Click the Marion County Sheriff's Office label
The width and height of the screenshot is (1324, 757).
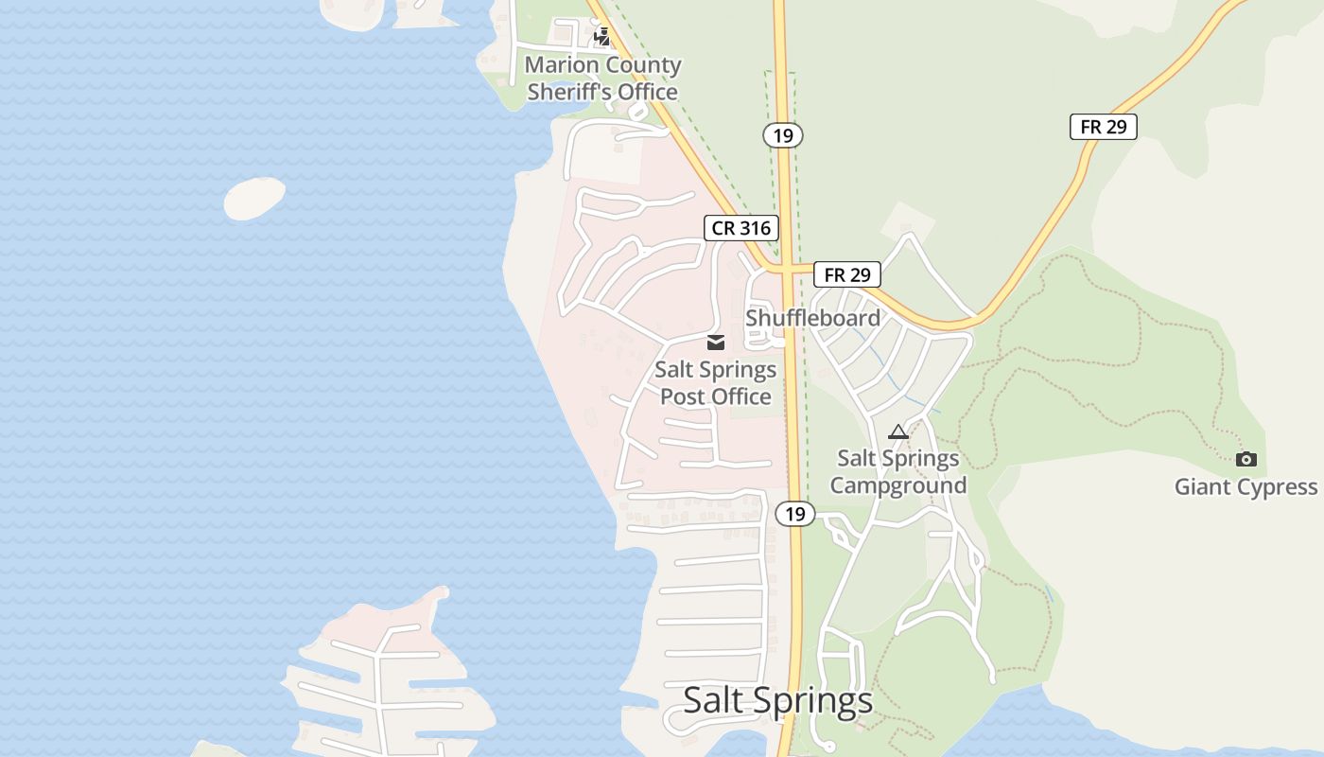602,79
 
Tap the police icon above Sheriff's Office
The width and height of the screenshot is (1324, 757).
602,37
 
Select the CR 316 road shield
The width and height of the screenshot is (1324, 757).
741,228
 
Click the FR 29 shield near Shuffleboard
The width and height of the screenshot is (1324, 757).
846,274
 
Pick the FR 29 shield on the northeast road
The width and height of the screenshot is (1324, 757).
1103,127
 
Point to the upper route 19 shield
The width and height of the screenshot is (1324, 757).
782,135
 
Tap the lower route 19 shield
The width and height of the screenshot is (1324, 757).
794,514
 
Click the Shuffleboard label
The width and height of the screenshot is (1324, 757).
812,318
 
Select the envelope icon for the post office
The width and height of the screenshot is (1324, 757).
716,343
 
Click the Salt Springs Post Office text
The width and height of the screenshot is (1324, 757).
716,383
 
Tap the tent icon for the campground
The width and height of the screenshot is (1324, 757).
897,432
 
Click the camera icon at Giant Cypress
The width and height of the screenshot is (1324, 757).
1246,460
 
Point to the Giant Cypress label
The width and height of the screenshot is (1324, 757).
1246,487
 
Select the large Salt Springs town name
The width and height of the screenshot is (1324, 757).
777,701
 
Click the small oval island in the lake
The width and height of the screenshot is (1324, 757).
254,199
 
